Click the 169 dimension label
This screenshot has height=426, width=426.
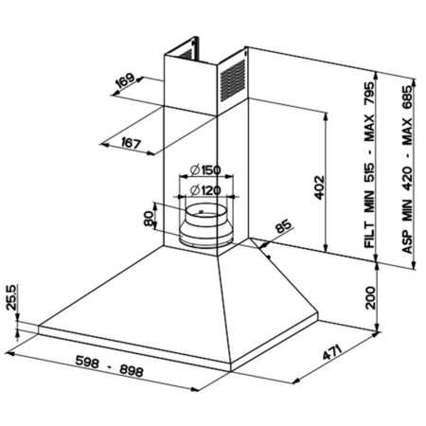pos(125,81)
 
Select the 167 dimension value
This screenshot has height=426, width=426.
pos(131,143)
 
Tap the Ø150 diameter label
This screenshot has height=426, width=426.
pos(205,170)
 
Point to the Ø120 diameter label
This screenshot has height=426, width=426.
pos(205,190)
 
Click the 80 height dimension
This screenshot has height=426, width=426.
pos(149,218)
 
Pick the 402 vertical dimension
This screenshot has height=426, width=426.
pos(320,187)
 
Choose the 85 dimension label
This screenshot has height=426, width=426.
pos(282,225)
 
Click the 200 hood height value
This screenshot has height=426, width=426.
pos(370,297)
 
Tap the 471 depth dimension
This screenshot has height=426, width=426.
pos(332,352)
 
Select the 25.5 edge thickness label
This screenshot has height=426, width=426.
pos(11,297)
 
